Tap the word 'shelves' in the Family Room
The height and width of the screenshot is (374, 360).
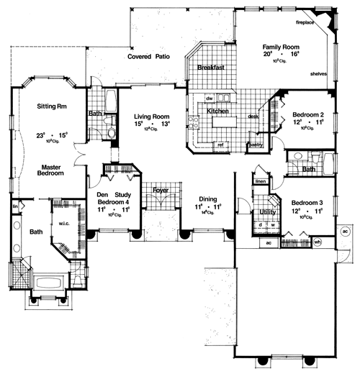click(x=320, y=73)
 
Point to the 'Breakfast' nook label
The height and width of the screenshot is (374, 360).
click(x=212, y=68)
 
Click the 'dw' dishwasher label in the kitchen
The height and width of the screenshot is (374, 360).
click(x=209, y=98)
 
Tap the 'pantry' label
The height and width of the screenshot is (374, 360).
click(x=254, y=145)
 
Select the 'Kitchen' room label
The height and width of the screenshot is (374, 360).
click(x=218, y=112)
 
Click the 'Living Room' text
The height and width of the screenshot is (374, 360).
click(x=152, y=115)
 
